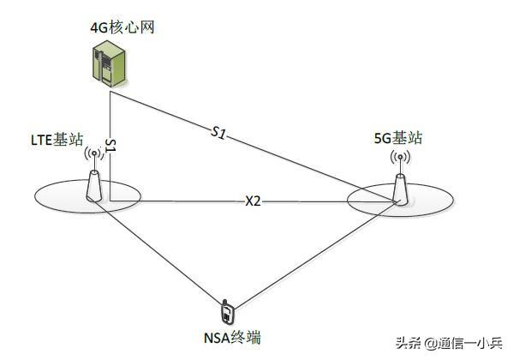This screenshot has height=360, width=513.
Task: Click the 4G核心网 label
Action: pos(122,27)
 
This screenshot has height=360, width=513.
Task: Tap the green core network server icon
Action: pos(109,63)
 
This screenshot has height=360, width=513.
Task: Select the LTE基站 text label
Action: pos(57,140)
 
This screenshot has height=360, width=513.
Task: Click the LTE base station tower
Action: pos(94,186)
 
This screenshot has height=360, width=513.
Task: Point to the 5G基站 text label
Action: pos(398,138)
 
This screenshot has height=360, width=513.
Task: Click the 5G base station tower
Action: pos(400,190)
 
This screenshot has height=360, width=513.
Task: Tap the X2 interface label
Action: pos(253,201)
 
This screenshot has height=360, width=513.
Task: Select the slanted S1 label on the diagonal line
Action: pos(218,132)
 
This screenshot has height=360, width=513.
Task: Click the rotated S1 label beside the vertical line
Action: pos(111,146)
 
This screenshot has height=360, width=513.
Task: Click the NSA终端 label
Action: pos(232,338)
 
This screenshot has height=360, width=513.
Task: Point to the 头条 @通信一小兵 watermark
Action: pos(449,343)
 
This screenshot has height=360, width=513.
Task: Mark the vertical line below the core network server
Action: pos(110,146)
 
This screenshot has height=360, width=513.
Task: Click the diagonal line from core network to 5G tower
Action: pos(254,146)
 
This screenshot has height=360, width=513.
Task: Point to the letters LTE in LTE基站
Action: pos(42,141)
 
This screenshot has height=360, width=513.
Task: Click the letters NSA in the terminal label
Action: pos(217,339)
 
